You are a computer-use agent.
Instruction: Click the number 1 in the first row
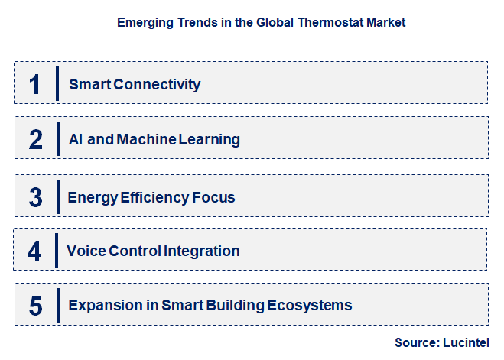click(34, 83)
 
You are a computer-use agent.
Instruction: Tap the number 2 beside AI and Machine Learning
click(35, 139)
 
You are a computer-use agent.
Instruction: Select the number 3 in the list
click(35, 196)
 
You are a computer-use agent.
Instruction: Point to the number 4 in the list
click(34, 251)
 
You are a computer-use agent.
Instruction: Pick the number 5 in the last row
click(35, 305)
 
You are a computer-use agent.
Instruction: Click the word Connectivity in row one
click(156, 84)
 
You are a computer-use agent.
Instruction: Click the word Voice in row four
click(84, 251)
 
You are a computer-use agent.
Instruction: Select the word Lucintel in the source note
click(464, 342)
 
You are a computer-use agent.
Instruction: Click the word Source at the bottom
click(414, 342)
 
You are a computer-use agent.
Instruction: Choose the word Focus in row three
click(214, 197)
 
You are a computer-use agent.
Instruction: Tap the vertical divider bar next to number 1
click(57, 83)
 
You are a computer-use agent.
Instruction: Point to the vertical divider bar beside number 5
click(57, 305)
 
